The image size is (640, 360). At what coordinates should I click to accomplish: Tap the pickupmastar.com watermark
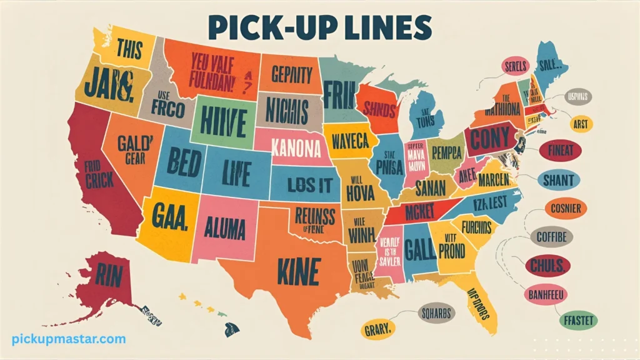[x=69, y=339]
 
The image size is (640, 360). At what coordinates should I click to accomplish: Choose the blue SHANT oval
[x=558, y=180]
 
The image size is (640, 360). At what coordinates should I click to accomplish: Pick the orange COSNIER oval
[x=566, y=208]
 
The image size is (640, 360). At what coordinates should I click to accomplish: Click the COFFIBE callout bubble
[x=551, y=237]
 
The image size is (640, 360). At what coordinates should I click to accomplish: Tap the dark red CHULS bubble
[x=547, y=266]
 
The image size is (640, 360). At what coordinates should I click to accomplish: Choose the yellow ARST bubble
[x=581, y=124]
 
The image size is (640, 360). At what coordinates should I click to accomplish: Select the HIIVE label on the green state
[x=222, y=119]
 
